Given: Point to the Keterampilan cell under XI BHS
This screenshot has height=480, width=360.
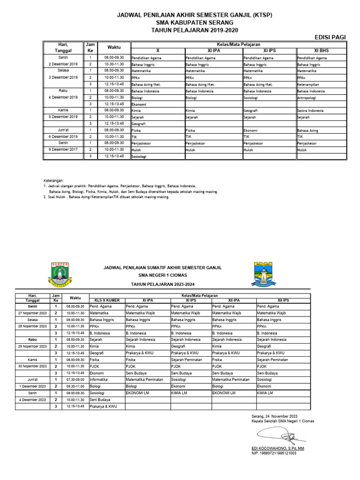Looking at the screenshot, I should (x=309, y=84).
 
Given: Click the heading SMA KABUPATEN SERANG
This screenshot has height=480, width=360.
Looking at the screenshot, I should (x=194, y=22).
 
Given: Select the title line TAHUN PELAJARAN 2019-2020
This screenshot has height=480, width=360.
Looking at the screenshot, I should (x=194, y=30).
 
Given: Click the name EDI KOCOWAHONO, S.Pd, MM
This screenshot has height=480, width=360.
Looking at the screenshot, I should (x=277, y=449).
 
